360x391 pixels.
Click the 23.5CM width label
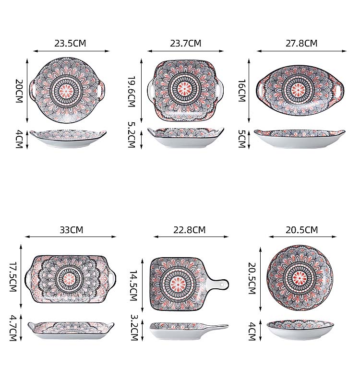click(70, 43)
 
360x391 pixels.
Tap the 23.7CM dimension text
click(186, 43)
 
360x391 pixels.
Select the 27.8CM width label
click(301, 43)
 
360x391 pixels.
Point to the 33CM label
click(72, 230)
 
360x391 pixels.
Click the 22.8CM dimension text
click(189, 230)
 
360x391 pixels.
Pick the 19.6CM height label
click(132, 92)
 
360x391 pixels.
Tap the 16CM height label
click(242, 91)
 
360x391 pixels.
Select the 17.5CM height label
click(13, 276)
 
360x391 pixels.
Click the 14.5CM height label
click(134, 285)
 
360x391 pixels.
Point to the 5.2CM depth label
click(132, 135)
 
